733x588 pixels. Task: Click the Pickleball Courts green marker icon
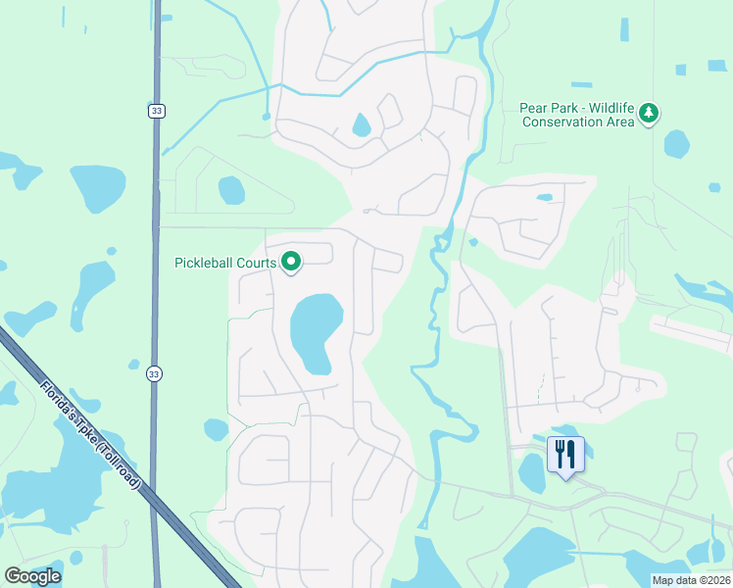click(x=291, y=262)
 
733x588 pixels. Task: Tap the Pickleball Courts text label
click(x=225, y=263)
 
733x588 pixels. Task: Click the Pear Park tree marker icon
click(x=648, y=115)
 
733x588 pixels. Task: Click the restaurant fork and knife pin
click(x=565, y=455)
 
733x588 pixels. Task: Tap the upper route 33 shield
click(x=156, y=112)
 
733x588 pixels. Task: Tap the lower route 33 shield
click(x=155, y=374)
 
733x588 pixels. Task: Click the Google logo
click(x=32, y=575)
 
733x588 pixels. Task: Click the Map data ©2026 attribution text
click(x=691, y=580)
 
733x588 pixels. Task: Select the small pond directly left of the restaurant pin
click(x=531, y=473)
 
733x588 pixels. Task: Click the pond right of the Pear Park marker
click(x=676, y=144)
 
